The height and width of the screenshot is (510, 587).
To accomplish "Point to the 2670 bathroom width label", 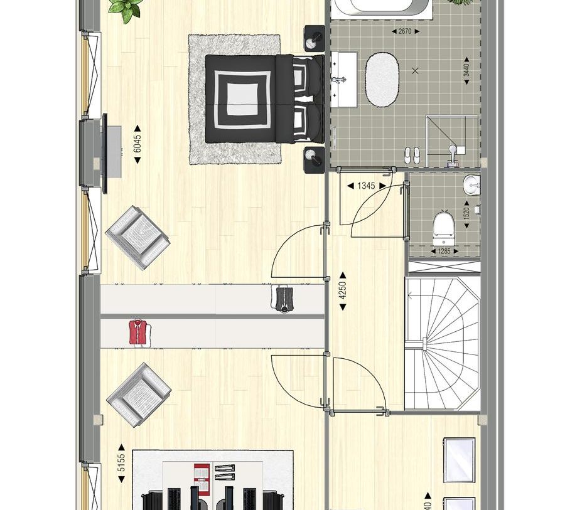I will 405,31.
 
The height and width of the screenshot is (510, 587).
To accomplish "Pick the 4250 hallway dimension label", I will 343,290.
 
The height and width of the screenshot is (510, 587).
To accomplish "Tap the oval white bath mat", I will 382,79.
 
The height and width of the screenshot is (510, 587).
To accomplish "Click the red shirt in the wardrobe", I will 139,332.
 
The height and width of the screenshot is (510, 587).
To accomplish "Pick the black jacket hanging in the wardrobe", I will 284,299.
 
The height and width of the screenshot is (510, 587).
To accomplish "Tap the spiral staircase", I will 442,344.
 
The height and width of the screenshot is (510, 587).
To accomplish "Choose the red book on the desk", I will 202,472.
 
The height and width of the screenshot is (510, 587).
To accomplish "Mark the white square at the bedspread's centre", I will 242,98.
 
